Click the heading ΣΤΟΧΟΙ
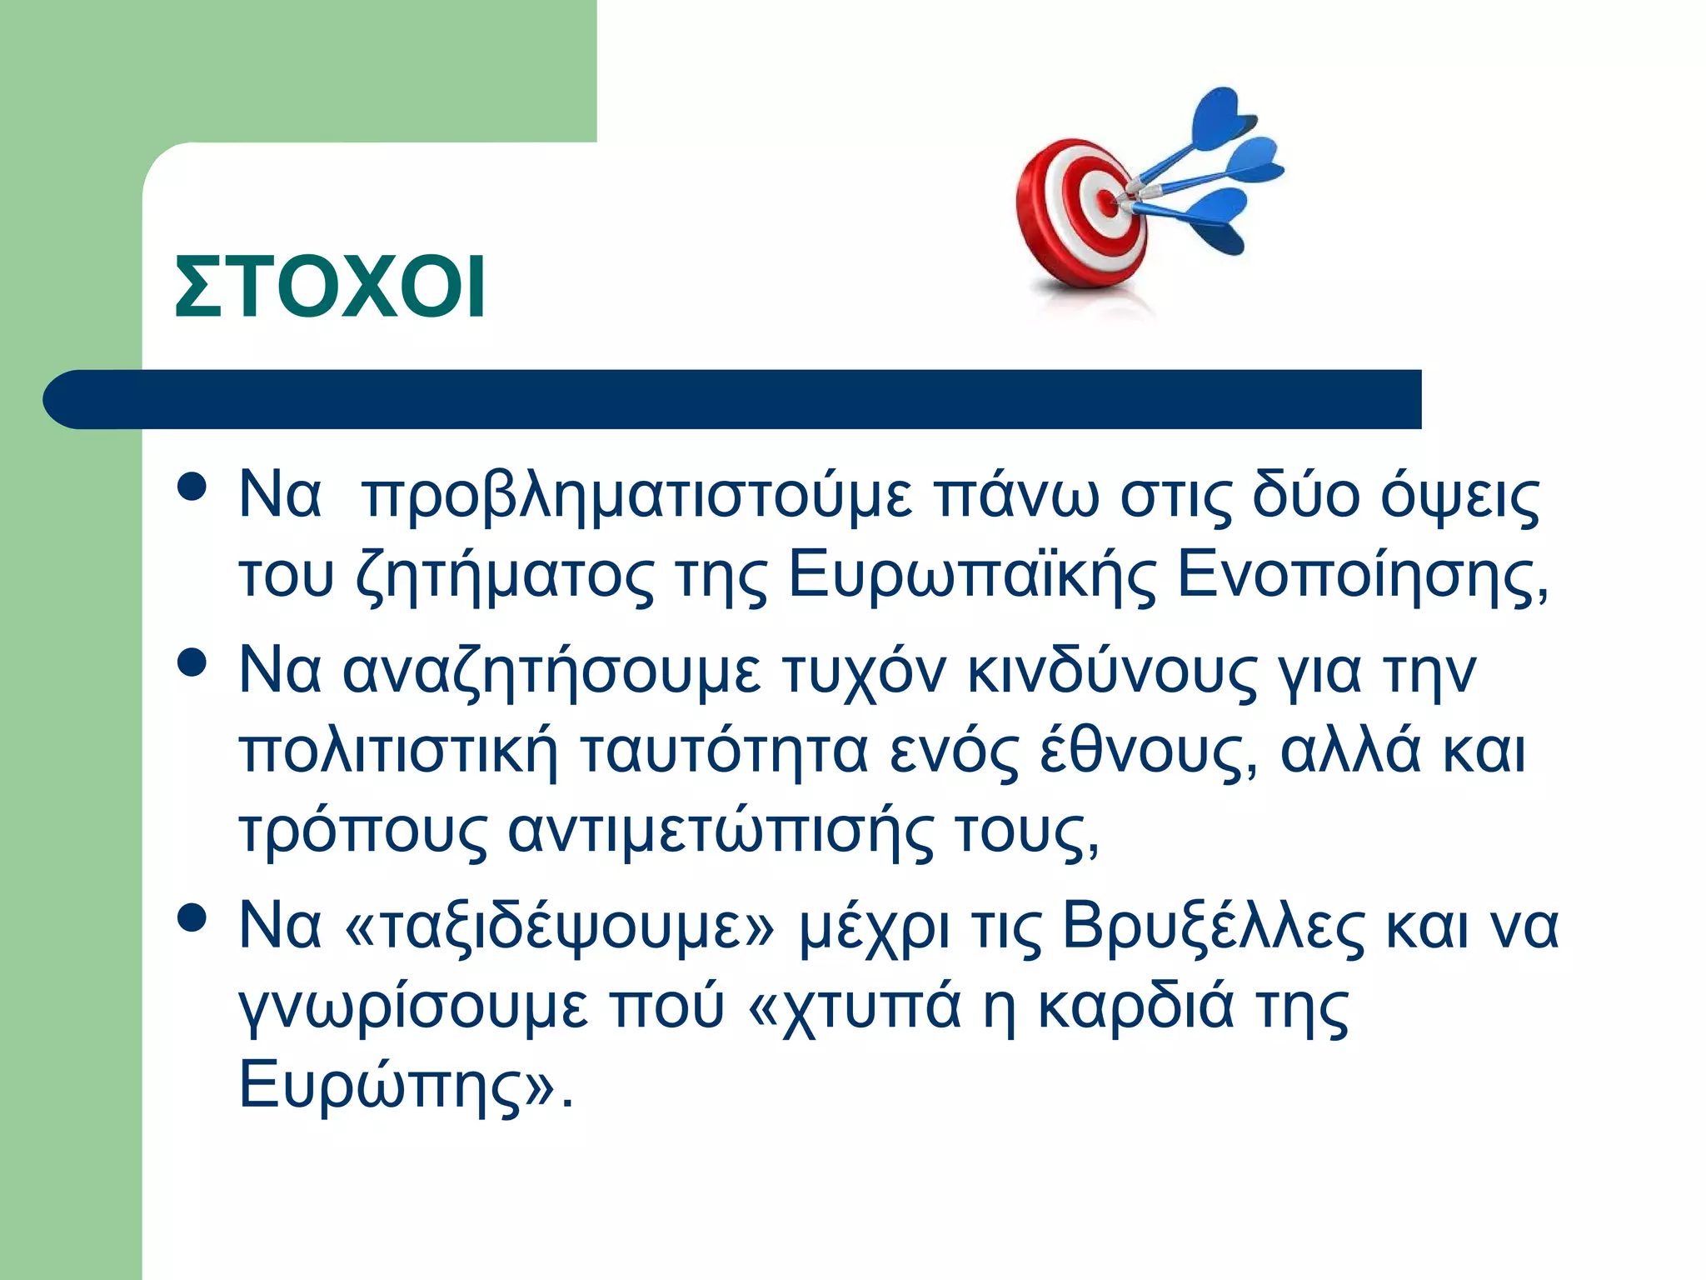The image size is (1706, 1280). [330, 287]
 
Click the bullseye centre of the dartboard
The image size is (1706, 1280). [1106, 200]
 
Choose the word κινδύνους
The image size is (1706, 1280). [1112, 672]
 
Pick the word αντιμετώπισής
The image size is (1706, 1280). [721, 831]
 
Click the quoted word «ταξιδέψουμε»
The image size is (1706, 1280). [559, 927]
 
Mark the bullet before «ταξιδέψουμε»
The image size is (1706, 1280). [192, 917]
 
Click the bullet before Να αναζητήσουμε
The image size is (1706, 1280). [192, 663]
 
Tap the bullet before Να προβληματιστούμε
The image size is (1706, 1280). [192, 487]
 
